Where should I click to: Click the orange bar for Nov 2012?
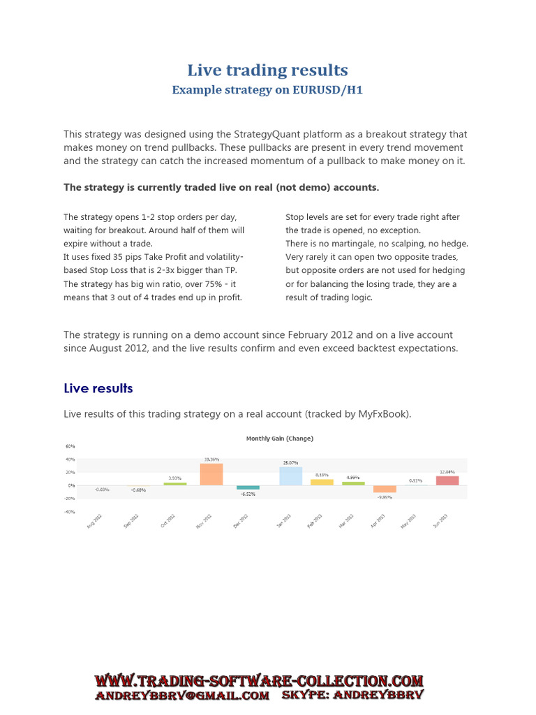click(211, 474)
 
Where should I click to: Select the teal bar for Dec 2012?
click(248, 487)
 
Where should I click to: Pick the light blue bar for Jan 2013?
click(290, 476)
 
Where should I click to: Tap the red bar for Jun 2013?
click(447, 480)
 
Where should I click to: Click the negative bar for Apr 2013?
click(385, 489)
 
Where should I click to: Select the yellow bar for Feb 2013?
click(322, 482)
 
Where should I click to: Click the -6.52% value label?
click(248, 494)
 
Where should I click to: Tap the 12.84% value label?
click(447, 472)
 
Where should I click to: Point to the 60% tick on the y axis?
click(70, 446)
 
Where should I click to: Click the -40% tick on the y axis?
click(69, 512)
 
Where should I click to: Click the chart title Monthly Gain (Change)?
click(280, 438)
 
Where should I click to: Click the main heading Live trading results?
click(267, 70)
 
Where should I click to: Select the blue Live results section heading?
click(98, 388)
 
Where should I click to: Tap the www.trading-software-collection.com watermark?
click(259, 681)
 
